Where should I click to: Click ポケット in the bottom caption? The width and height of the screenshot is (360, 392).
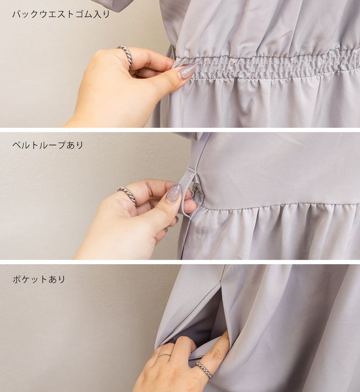point(30,279)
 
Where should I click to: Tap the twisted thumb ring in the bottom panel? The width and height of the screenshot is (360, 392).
point(204,370)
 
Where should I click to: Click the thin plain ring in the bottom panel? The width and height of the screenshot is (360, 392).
point(165,356)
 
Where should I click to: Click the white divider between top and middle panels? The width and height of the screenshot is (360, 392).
point(180,130)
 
